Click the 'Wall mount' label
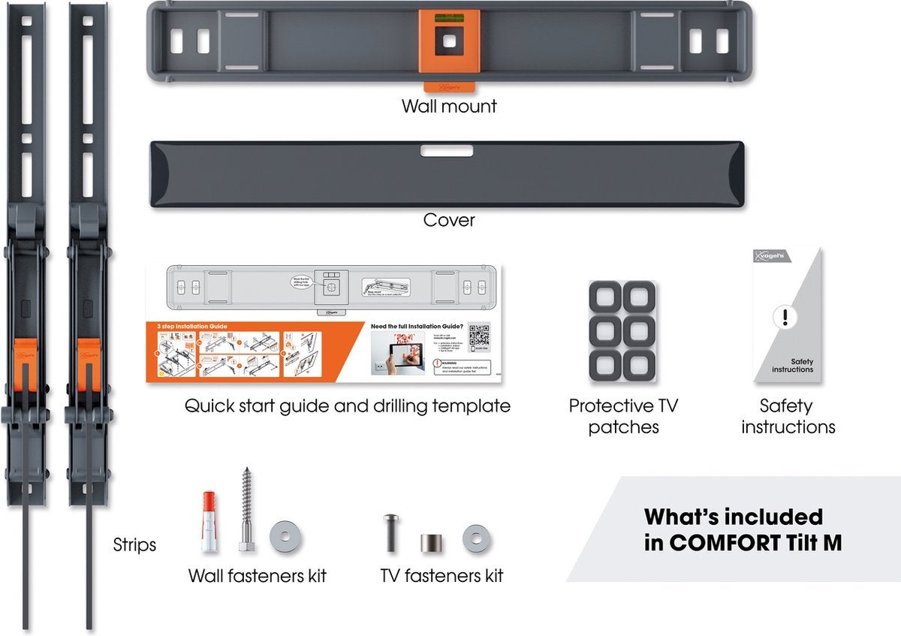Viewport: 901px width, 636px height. pos(449,106)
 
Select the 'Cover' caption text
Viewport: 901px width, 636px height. pos(449,220)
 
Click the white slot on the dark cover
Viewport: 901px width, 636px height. pos(447,150)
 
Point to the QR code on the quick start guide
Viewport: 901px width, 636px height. pos(478,335)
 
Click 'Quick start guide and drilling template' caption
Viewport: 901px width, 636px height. pos(348,406)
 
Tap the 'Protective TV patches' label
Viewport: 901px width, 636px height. pos(623,417)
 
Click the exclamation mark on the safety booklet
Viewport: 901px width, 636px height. pos(785,317)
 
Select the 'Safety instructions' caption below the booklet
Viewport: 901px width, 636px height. pos(788,417)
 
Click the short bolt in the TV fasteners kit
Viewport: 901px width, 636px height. pos(391,532)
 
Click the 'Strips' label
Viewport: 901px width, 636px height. pos(134,544)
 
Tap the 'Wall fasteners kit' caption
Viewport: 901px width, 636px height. pos(258,576)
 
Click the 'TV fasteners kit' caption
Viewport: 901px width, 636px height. pos(441,576)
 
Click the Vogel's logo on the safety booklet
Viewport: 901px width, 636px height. pos(770,255)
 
